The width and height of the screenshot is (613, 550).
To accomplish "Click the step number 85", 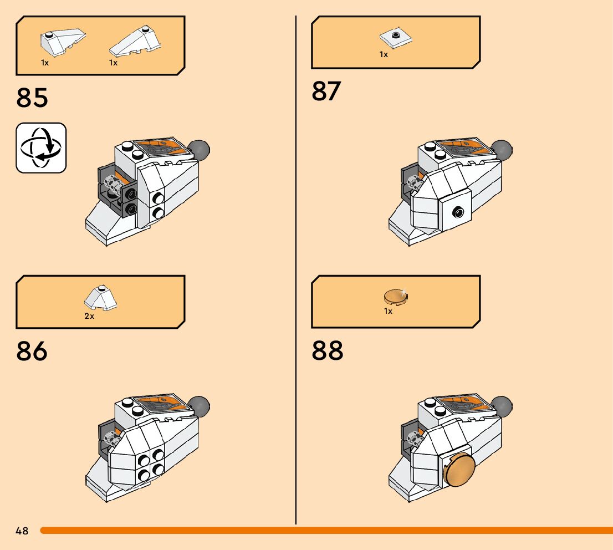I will point(32,97).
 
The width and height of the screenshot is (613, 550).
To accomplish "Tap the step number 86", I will point(32,352).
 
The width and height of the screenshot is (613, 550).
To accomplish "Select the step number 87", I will point(327,91).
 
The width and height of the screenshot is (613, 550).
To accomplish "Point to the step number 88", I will point(327,350).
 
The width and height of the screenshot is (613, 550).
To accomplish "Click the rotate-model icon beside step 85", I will point(41,148).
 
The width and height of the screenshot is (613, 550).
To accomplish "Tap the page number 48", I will point(22,531).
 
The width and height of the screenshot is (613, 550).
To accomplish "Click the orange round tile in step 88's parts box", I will point(396,297).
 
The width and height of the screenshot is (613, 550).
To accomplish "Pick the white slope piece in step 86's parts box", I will point(100,298).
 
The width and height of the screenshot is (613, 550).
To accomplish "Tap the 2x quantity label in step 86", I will point(89,316).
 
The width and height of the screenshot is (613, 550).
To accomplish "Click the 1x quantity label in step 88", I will point(388,311).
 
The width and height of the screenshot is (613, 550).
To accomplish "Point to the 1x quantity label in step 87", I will point(384,54).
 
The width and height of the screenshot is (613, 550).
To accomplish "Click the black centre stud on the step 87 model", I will point(457,211).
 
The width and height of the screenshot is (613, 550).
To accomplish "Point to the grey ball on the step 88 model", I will point(502,406).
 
